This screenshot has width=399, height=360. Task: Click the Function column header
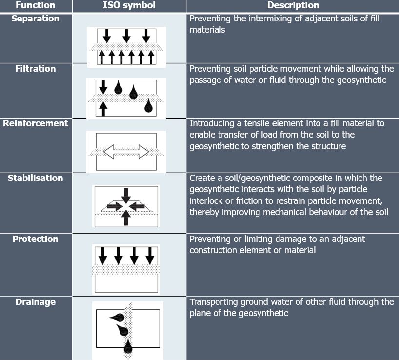point(36,5)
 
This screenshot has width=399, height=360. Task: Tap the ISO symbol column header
point(129,5)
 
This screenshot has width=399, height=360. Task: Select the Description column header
point(293,5)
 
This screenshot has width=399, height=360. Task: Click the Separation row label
point(36,19)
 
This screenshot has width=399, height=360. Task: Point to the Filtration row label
point(36,69)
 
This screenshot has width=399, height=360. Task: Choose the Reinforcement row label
point(36,123)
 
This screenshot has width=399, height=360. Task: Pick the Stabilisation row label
point(36,178)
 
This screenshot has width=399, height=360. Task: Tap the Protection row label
point(36,239)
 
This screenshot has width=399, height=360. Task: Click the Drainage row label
point(36,302)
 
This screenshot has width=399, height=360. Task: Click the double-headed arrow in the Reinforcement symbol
point(126,152)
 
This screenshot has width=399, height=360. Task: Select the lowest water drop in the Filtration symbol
point(148,105)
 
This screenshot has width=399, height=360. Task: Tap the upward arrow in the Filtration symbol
point(103,109)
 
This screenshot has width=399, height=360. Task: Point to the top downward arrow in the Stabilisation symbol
point(126,196)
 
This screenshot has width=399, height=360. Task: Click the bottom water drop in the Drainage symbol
point(128,346)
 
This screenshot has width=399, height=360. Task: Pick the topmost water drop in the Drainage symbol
point(117,317)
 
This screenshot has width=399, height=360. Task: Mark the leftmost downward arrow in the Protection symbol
point(103,256)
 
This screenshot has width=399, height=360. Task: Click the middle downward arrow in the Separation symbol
point(126,36)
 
